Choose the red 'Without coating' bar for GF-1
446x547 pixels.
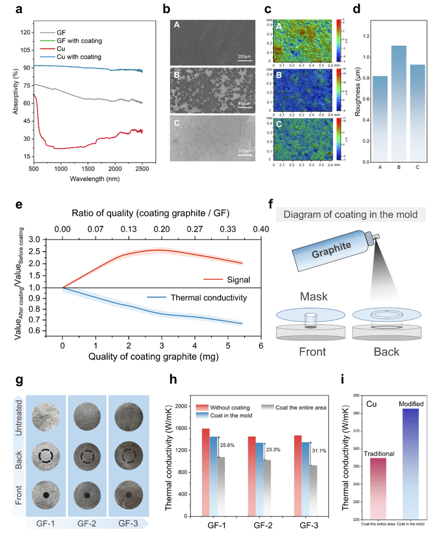[x=205, y=471]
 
